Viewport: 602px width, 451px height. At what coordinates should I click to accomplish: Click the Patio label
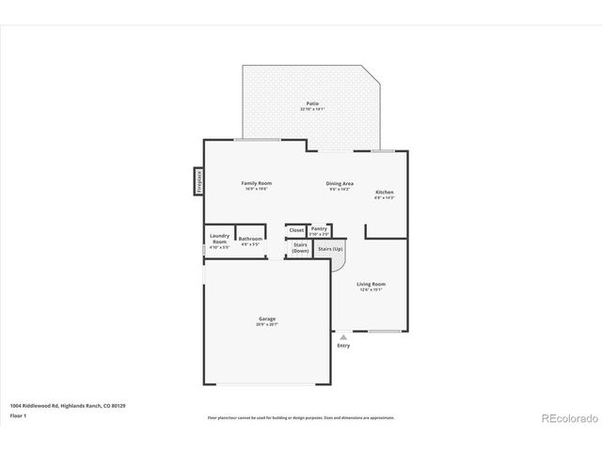click(x=311, y=103)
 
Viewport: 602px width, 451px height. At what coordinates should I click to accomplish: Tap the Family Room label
click(x=256, y=183)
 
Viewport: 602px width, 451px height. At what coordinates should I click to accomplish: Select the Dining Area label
click(x=340, y=183)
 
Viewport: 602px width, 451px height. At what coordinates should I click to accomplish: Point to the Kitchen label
click(x=385, y=193)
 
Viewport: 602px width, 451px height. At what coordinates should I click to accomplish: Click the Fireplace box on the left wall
click(x=199, y=180)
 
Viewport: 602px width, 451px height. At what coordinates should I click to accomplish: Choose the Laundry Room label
click(x=219, y=240)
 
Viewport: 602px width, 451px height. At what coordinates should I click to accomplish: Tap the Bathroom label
click(x=250, y=239)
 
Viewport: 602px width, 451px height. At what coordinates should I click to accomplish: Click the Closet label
click(x=296, y=230)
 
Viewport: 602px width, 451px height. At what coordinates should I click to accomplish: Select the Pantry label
click(x=319, y=227)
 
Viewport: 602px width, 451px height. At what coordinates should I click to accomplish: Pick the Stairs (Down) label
click(x=300, y=248)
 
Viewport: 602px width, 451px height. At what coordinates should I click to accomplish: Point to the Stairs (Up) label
click(x=329, y=249)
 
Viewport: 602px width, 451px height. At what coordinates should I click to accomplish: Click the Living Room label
click(x=371, y=284)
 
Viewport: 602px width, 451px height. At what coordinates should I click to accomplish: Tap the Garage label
click(x=267, y=319)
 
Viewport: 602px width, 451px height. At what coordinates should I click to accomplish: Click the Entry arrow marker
click(x=343, y=336)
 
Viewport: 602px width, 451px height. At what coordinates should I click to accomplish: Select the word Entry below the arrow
click(x=343, y=346)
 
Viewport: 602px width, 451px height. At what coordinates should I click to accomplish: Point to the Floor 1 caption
click(x=18, y=414)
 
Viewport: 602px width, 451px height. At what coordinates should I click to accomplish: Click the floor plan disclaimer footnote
click(x=301, y=417)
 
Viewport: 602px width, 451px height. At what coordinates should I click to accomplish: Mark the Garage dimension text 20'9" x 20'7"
click(x=267, y=324)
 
